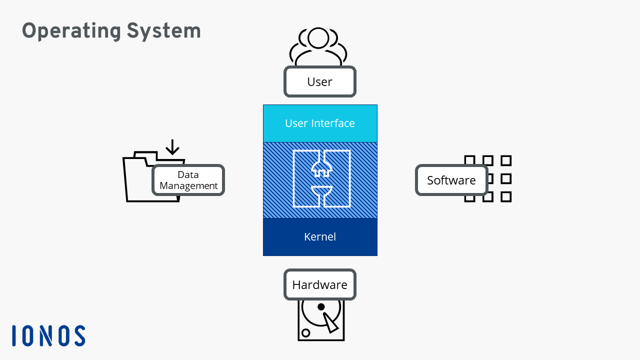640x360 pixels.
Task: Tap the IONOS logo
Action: [x=48, y=335]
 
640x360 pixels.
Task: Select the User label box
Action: [x=319, y=81]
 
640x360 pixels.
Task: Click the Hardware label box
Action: [x=319, y=285]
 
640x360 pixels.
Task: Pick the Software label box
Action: [x=451, y=180]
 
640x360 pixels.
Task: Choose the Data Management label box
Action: [x=188, y=180]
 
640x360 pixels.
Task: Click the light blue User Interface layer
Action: [x=320, y=123]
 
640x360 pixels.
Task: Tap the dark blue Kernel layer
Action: [x=320, y=237]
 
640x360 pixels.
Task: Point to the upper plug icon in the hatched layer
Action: [x=321, y=166]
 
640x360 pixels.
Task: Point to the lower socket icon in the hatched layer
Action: [x=321, y=193]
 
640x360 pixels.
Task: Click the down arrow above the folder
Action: [x=172, y=147]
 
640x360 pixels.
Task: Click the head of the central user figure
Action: [x=318, y=38]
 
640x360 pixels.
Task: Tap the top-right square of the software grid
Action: [x=506, y=160]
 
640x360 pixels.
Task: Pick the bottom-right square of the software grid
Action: [x=506, y=196]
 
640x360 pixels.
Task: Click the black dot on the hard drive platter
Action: [x=321, y=306]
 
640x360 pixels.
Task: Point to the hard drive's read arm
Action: [x=330, y=322]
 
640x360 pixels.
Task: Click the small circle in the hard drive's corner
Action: [x=306, y=333]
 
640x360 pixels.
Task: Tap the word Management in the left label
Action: [x=188, y=186]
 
